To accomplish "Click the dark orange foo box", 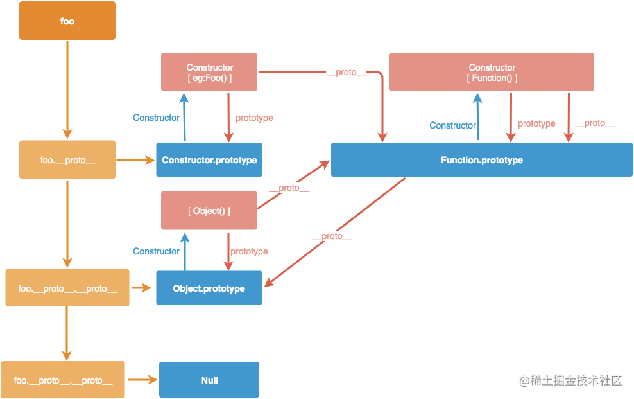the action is pyautogui.click(x=67, y=21).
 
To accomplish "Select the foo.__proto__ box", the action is pyautogui.click(x=67, y=160).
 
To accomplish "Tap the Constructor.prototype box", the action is pyautogui.click(x=209, y=160).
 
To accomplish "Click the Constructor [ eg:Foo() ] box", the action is pyautogui.click(x=209, y=72).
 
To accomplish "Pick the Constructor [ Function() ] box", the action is pyautogui.click(x=492, y=72).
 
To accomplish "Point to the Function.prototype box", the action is pyautogui.click(x=481, y=160).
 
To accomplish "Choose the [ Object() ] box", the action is pyautogui.click(x=209, y=211).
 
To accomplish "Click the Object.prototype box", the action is pyautogui.click(x=209, y=288).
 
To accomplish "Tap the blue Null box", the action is pyautogui.click(x=209, y=380).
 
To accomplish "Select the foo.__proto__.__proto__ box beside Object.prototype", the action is pyautogui.click(x=67, y=288).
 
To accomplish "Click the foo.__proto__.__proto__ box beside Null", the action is pyautogui.click(x=63, y=380).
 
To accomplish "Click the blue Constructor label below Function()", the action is pyautogui.click(x=452, y=125).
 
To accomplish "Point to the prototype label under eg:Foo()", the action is pyautogui.click(x=254, y=118).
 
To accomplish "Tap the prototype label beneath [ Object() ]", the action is pyautogui.click(x=249, y=251).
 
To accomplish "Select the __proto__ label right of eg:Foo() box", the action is pyautogui.click(x=346, y=73).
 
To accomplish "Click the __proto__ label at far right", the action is pyautogui.click(x=595, y=123).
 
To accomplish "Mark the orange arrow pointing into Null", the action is pyautogui.click(x=142, y=380).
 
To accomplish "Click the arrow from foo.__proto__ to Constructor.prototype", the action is pyautogui.click(x=135, y=160).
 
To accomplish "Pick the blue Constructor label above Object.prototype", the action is pyautogui.click(x=156, y=251).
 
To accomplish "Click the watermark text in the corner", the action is pyautogui.click(x=570, y=381).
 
